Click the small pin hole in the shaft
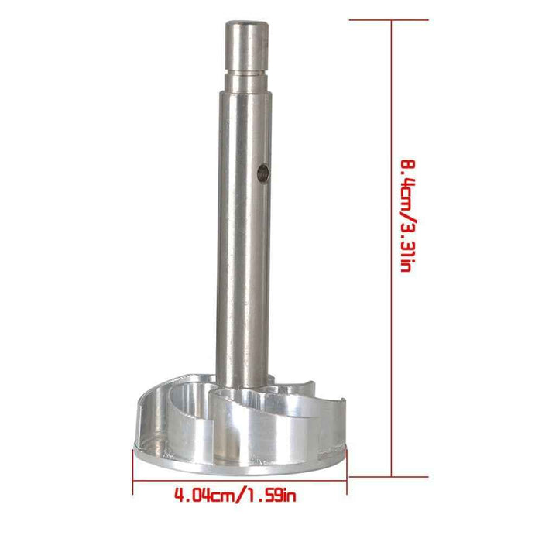(263, 174)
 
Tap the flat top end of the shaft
(246, 23)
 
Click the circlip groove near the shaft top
(245, 73)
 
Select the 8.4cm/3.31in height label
(408, 216)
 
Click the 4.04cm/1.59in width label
(235, 495)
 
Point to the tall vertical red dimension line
(392, 249)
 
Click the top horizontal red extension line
(389, 20)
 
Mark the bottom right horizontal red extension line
(389, 477)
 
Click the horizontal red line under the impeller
(239, 480)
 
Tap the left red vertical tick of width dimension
(133, 472)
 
